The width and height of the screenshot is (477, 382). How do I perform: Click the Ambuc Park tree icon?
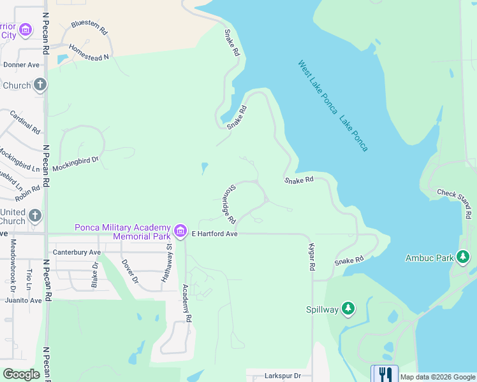coord(464,257)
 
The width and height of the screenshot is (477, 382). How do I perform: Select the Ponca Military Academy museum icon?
coord(180,230)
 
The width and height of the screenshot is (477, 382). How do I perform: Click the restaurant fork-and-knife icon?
coord(385,373)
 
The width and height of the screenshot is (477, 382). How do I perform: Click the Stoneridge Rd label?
coord(231,199)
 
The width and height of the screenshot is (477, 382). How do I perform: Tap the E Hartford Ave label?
coord(215,234)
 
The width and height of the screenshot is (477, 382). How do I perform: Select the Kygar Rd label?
coord(312,257)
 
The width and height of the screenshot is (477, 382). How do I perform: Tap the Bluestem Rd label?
coord(89,27)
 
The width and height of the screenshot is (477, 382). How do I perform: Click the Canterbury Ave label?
coord(77,252)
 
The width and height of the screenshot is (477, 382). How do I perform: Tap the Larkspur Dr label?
coord(281,376)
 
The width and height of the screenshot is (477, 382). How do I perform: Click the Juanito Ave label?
coord(23,300)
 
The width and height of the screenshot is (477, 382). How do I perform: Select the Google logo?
coord(21,374)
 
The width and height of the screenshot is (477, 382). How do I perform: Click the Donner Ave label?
coord(21,65)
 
